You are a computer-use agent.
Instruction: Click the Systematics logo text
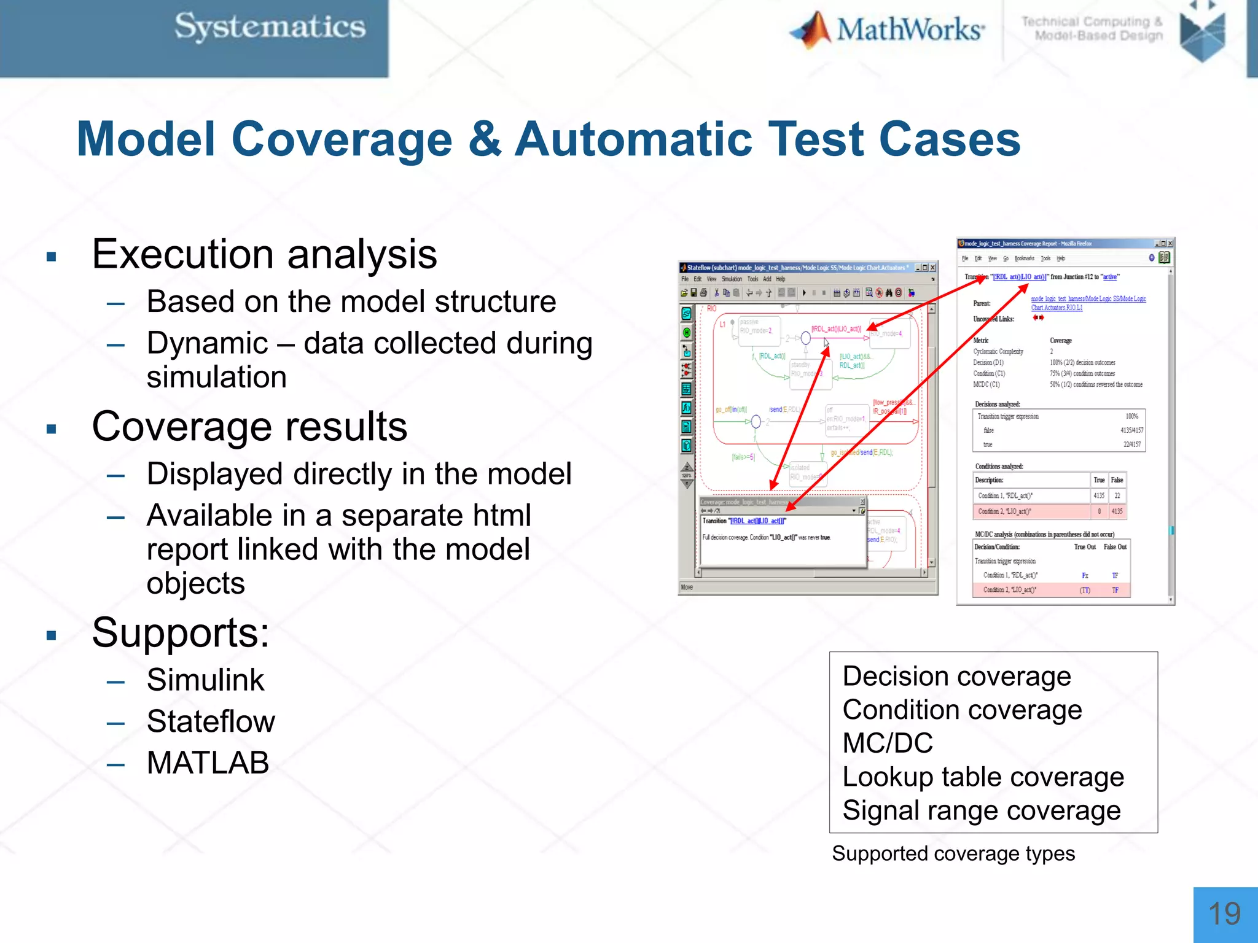270,28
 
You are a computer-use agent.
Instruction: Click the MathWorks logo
888,29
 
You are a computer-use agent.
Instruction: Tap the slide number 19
1224,914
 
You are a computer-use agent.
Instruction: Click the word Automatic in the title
633,139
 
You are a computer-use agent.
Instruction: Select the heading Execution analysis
264,254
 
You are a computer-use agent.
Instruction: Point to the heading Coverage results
249,427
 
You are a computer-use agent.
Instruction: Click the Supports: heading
181,633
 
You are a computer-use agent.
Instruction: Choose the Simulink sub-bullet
205,680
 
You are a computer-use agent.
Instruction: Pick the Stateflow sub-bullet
211,721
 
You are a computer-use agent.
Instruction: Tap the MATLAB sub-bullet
208,763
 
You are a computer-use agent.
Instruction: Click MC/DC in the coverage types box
888,743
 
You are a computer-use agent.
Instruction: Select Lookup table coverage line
983,777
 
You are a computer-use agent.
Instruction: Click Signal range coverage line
981,811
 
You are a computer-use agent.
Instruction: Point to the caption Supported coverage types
953,854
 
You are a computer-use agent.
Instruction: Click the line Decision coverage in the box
956,677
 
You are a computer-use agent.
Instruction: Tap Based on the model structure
351,302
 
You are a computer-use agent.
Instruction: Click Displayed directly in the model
359,475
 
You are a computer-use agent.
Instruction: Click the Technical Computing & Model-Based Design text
1092,29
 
